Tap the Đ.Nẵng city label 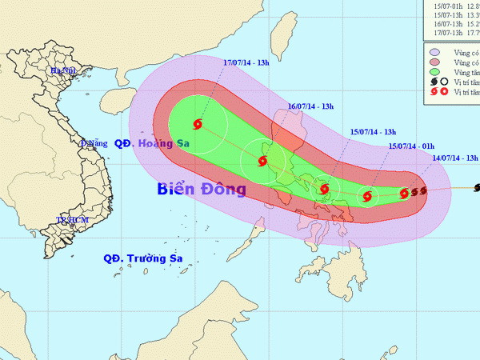[94, 144]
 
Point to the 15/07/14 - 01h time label [411, 146]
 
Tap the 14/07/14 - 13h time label [454, 158]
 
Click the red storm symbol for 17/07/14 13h [198, 124]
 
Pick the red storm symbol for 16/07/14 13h [262, 162]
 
